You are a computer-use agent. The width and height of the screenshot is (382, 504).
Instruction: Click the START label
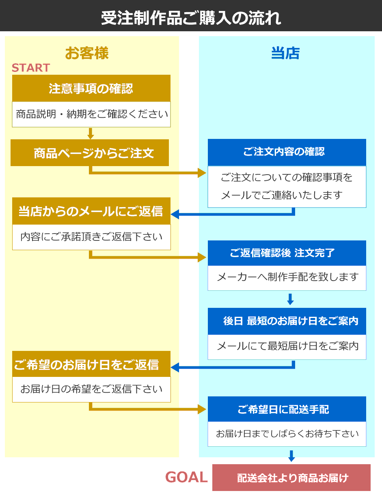[31, 68]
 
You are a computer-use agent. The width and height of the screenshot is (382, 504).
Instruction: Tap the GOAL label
[186, 477]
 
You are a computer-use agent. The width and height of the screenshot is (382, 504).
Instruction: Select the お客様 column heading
[87, 53]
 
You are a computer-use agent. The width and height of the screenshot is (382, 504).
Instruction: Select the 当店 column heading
[285, 53]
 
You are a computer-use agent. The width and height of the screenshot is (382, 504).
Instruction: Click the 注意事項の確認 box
[91, 88]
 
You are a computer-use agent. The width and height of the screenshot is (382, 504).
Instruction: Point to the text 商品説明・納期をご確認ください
[92, 114]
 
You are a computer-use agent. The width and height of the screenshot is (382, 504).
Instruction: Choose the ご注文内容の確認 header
[287, 152]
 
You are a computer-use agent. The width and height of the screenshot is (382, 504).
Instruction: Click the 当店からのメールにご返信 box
[91, 211]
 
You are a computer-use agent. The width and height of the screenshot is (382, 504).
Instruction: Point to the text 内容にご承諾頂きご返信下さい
[91, 237]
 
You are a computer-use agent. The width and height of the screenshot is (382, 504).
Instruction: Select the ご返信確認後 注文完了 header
[287, 253]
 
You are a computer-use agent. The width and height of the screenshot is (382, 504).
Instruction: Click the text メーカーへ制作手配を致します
[287, 278]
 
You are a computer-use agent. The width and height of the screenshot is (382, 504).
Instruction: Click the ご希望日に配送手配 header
[287, 409]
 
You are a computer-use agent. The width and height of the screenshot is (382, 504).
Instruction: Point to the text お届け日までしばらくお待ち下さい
[287, 434]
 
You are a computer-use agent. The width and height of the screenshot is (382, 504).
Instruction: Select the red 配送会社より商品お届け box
[291, 478]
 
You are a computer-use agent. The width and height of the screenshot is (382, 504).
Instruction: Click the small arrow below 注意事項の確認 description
[91, 133]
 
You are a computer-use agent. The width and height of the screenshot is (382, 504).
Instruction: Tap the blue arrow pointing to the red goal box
[291, 456]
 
